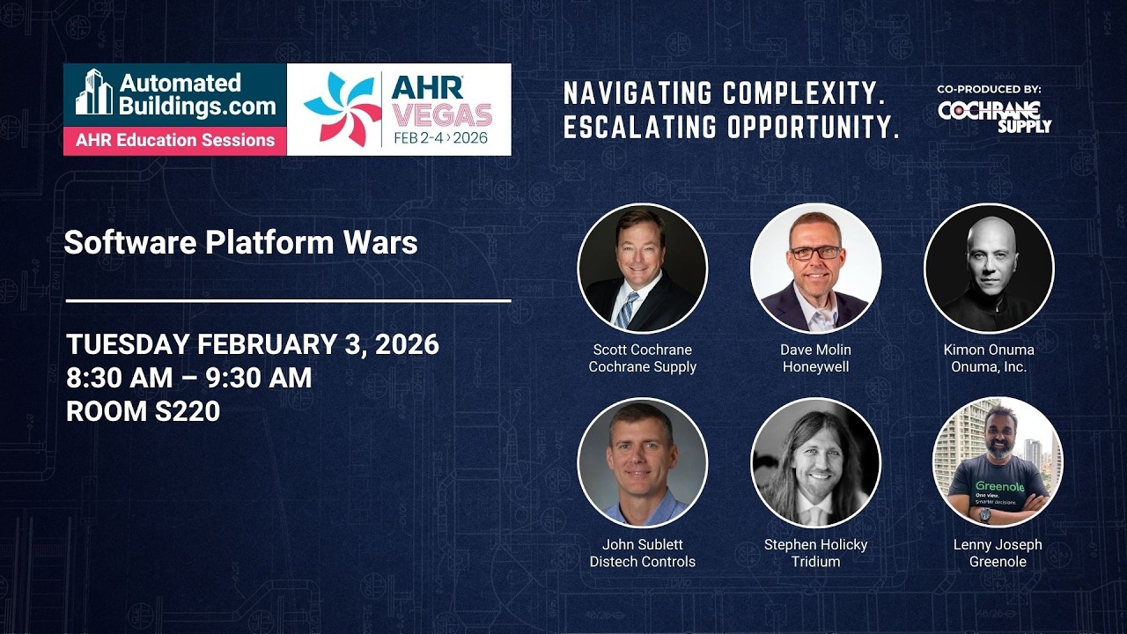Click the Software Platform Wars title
pyautogui.click(x=240, y=242)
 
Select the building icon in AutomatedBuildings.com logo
pyautogui.click(x=94, y=92)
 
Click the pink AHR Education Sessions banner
pyautogui.click(x=174, y=140)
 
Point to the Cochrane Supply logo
pyautogui.click(x=994, y=116)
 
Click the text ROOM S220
pyautogui.click(x=143, y=410)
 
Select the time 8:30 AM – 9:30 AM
pyautogui.click(x=188, y=378)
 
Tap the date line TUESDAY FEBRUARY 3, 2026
pyautogui.click(x=252, y=344)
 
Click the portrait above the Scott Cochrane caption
pyautogui.click(x=642, y=268)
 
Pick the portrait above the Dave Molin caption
pyautogui.click(x=815, y=268)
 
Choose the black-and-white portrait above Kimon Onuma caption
pyautogui.click(x=989, y=268)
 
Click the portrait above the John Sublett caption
pyautogui.click(x=642, y=462)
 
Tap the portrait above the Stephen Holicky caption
pyautogui.click(x=815, y=462)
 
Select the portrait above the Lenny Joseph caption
pyautogui.click(x=998, y=462)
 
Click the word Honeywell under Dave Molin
pyautogui.click(x=815, y=366)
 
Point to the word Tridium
pyautogui.click(x=815, y=561)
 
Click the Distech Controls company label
pyautogui.click(x=642, y=561)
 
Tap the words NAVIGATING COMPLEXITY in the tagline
pyautogui.click(x=724, y=92)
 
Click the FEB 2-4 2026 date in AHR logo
pyautogui.click(x=440, y=138)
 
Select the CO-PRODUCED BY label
pyautogui.click(x=989, y=89)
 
